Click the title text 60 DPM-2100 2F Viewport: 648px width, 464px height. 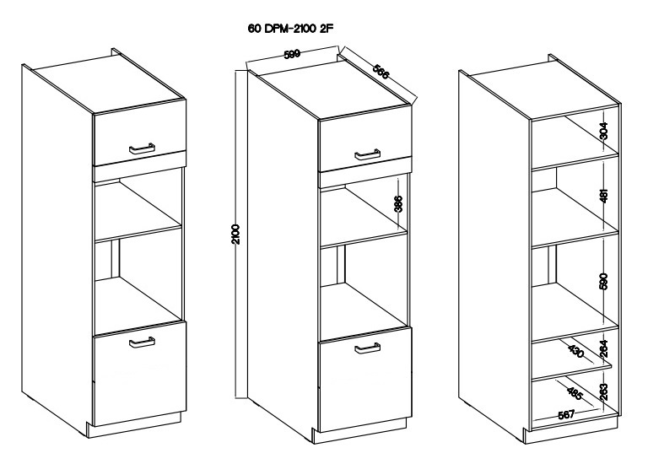[290, 29]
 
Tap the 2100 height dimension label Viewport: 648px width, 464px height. [236, 235]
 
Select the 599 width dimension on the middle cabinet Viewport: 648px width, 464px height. [292, 54]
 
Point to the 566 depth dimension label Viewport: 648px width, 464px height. [381, 72]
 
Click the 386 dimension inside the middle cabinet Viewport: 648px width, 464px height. [398, 203]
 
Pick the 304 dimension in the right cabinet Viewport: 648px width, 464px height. [604, 131]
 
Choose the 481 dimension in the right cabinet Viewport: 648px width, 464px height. [604, 196]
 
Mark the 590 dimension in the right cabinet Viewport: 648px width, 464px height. [604, 281]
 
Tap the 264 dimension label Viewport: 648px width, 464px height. [604, 348]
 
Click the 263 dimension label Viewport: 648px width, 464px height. [604, 392]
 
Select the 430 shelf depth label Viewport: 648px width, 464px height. [576, 351]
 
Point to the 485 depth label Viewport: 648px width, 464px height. [575, 394]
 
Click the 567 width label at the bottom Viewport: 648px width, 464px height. [566, 414]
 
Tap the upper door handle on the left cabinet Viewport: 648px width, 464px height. [142, 148]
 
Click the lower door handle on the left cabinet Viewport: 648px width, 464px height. [142, 343]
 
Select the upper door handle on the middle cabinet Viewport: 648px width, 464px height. [367, 154]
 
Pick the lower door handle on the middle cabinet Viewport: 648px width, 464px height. [367, 348]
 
